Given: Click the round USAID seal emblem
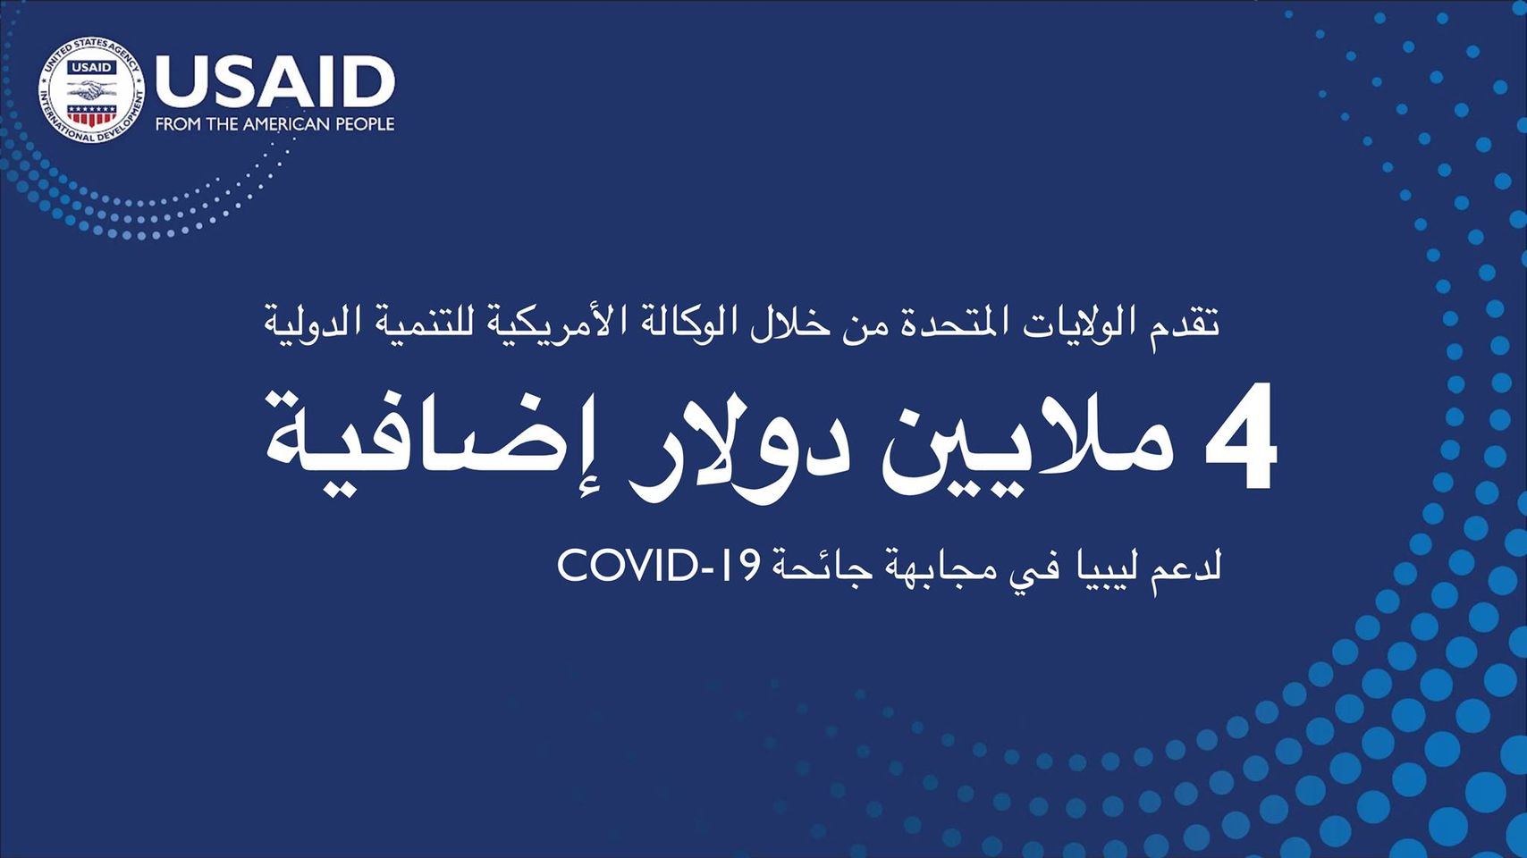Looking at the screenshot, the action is (x=92, y=90).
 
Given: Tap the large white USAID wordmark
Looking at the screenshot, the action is (x=275, y=82).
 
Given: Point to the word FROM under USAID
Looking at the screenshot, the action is (x=173, y=124).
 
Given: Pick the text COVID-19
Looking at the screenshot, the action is (x=657, y=566).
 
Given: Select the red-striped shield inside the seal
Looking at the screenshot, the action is (x=92, y=114).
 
